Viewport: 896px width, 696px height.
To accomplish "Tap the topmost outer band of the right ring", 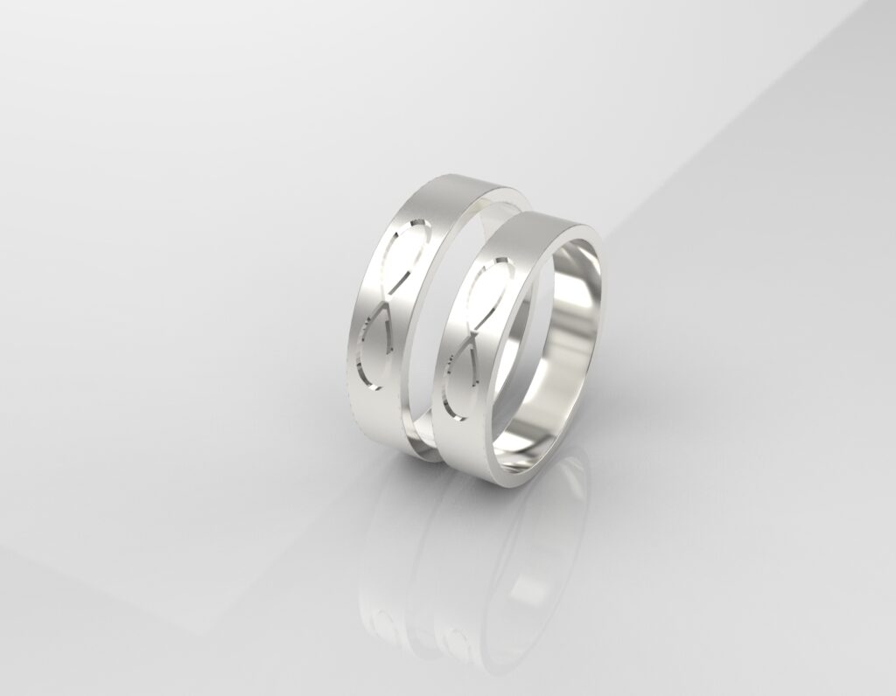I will pyautogui.click(x=542, y=223).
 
